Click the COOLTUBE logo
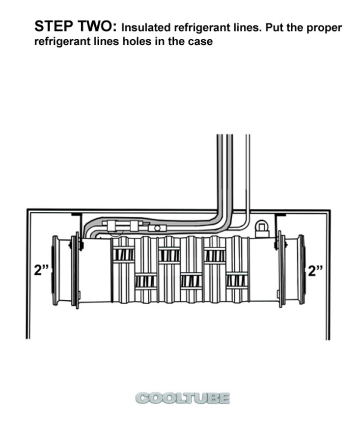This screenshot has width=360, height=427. pos(183,399)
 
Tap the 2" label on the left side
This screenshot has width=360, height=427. pos(41,270)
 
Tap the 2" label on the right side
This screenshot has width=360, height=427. pos(316,271)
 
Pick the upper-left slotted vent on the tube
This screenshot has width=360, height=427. pos(123,255)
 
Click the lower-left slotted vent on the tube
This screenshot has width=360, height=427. pos(146,281)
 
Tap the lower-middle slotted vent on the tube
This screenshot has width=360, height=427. pos(191,281)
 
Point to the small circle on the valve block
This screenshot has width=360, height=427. pos(157,228)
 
